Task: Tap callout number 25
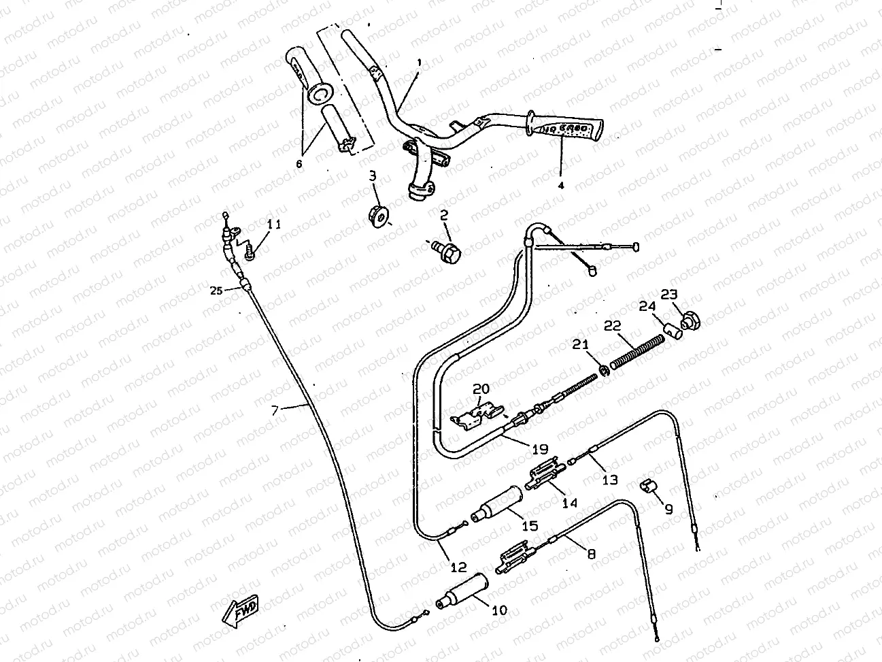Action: pyautogui.click(x=216, y=291)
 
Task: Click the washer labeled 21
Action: pyautogui.click(x=603, y=370)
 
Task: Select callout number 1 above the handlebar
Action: pyautogui.click(x=419, y=62)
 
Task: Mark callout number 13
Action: pyautogui.click(x=610, y=480)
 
